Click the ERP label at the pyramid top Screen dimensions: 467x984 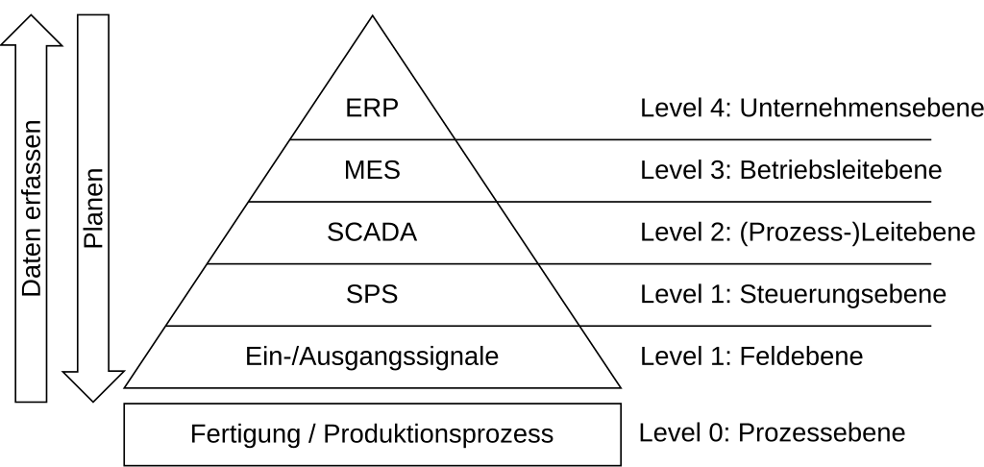(372, 108)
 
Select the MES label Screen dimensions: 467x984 (372, 171)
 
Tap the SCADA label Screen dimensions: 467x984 (372, 233)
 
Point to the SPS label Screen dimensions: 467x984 (372, 295)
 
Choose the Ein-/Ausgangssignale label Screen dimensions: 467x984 (372, 357)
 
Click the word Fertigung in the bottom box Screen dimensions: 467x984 (245, 434)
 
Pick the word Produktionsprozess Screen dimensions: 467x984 (438, 434)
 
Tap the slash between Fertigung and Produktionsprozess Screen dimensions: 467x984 (311, 434)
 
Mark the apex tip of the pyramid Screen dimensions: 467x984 (373, 18)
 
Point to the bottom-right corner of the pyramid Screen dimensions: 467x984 (618, 386)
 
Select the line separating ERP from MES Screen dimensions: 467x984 (372, 139)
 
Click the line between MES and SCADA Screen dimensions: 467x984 (372, 202)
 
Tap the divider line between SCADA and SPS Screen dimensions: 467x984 (372, 263)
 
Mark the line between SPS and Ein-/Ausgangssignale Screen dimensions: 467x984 (372, 326)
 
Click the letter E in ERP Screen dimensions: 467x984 (353, 108)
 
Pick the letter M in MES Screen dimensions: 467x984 (354, 171)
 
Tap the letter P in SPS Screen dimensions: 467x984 (372, 295)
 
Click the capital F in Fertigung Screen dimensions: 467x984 (196, 434)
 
